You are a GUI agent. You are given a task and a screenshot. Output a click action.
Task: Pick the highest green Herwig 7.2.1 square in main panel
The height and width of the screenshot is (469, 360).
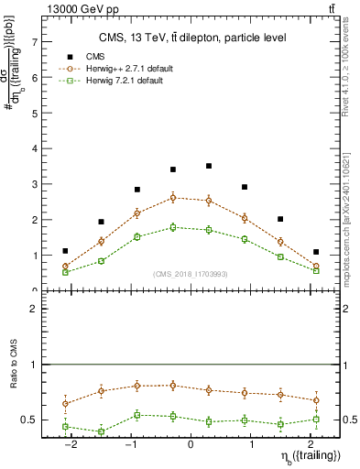[173, 227]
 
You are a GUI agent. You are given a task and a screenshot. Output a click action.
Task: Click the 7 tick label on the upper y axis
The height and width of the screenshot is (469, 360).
[34, 42]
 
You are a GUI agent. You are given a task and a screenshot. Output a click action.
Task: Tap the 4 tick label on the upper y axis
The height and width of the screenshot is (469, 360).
[34, 148]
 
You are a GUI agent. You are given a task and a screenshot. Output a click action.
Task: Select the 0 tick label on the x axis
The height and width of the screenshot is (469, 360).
[191, 443]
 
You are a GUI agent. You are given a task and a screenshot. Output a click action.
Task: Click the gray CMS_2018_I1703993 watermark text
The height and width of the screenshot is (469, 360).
[191, 274]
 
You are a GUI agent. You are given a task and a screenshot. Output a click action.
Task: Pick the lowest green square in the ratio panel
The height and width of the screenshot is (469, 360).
[101, 431]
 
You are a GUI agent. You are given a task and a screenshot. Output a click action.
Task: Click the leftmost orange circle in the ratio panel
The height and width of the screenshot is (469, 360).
[65, 403]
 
